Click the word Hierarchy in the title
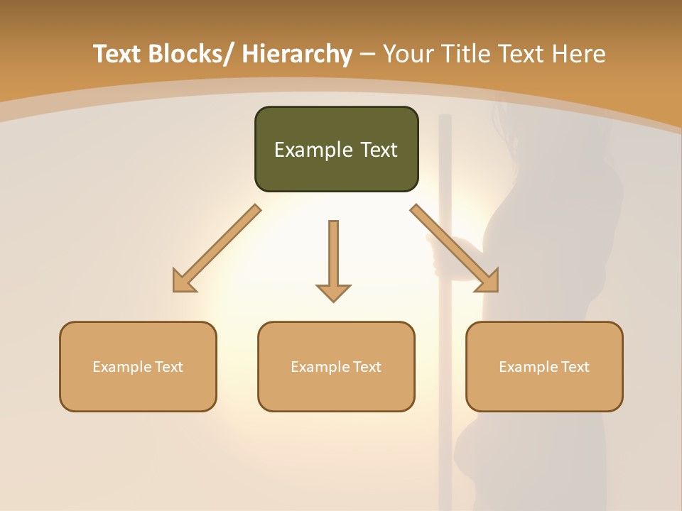(296, 54)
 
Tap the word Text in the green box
(378, 150)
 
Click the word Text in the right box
(575, 367)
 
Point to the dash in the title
(367, 55)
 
